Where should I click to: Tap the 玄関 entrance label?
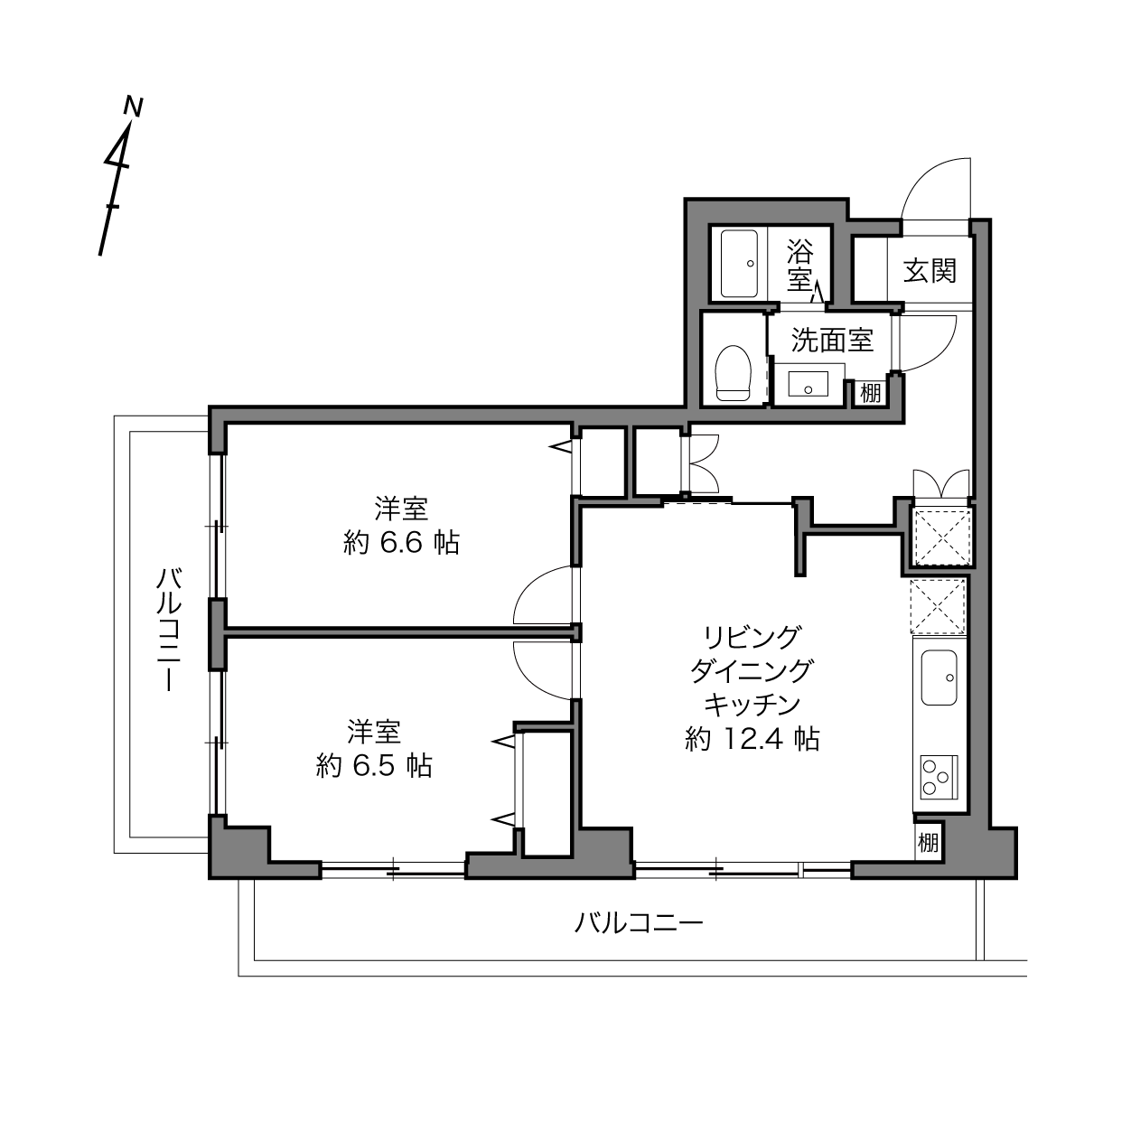930,271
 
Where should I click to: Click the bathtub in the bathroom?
739,264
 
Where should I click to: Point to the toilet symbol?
733,373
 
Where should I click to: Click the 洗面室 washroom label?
832,340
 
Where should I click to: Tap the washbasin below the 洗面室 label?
809,383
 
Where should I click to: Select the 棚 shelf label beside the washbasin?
871,393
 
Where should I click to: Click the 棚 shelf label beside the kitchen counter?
928,843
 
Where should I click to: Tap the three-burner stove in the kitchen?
939,776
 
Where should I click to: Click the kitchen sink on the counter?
939,678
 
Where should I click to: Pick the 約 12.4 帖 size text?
752,739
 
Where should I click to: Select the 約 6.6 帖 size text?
401,543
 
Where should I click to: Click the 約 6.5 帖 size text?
375,765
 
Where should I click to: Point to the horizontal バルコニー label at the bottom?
638,923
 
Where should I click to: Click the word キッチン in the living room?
752,705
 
